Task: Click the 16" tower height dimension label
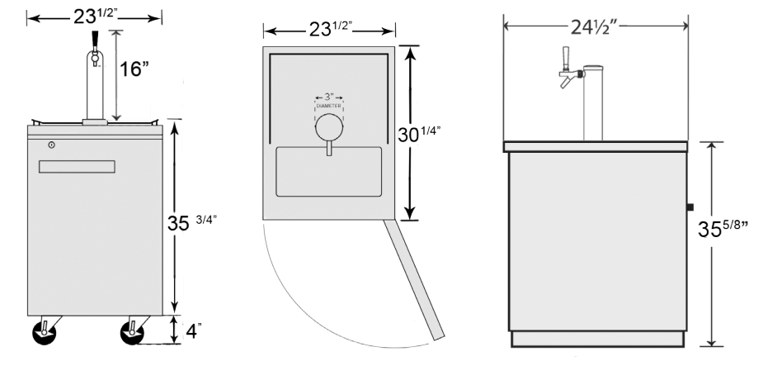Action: [134, 69]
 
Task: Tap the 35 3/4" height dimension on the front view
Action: [191, 222]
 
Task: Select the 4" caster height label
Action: [194, 331]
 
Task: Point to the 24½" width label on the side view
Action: [594, 26]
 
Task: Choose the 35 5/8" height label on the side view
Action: [723, 228]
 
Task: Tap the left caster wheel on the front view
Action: [45, 333]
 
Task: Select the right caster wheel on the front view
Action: [132, 333]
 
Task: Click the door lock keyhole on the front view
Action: [52, 145]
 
